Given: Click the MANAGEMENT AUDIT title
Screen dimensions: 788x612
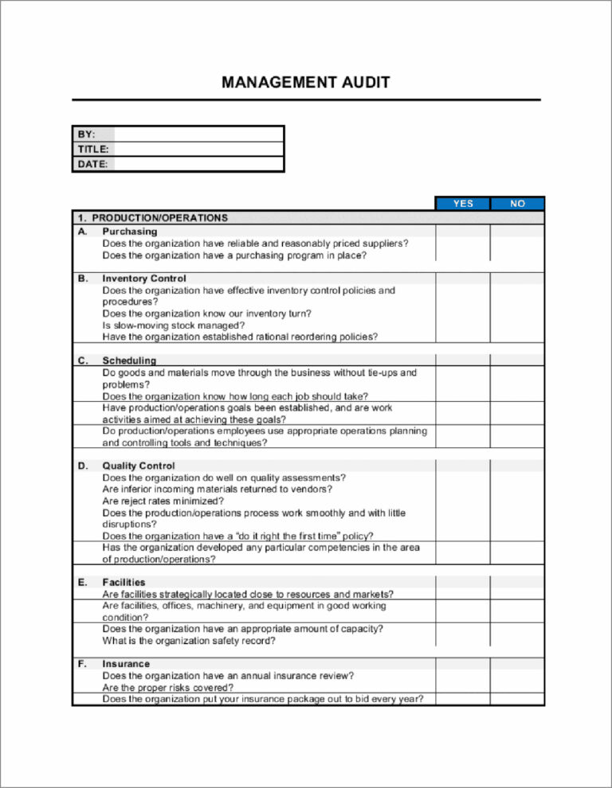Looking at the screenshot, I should (306, 83).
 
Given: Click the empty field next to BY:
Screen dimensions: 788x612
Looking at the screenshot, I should (198, 134).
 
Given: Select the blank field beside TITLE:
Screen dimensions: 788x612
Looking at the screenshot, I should (198, 149).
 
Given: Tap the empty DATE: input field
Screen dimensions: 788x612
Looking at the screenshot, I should (198, 164).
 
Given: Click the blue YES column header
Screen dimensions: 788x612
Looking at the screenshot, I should (463, 204).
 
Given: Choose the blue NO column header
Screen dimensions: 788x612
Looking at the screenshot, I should (517, 204).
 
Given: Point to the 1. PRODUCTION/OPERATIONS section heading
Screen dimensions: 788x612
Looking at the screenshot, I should (152, 217).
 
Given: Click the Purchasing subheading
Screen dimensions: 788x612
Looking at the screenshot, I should (129, 231).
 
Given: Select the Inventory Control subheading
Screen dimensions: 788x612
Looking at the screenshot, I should (144, 279).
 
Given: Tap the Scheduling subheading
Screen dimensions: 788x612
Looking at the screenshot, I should (129, 361).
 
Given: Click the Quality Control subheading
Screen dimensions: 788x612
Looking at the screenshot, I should (138, 466).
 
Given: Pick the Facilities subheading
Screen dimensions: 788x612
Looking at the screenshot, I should (124, 582).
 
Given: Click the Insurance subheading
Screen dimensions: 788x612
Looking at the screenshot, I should (126, 663).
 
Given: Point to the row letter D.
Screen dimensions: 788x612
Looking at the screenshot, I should (82, 466).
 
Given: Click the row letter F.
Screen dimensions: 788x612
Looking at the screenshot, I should (82, 663).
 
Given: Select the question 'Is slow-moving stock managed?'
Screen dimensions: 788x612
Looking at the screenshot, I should (174, 325).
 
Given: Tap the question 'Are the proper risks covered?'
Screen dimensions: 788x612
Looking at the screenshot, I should (167, 687).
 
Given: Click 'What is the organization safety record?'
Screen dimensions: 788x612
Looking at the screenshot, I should (189, 641).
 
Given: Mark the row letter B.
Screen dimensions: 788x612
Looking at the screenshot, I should (82, 279).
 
